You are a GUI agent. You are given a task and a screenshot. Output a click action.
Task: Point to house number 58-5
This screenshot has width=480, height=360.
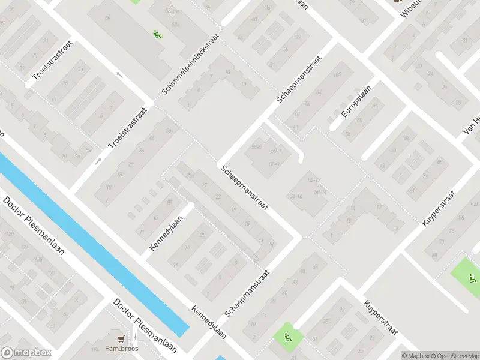257,146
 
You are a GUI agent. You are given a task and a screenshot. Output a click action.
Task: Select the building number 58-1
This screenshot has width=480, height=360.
276,151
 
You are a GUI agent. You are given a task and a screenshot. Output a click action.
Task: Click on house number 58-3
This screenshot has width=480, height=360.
275,164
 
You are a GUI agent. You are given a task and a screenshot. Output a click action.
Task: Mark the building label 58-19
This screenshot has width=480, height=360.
314,179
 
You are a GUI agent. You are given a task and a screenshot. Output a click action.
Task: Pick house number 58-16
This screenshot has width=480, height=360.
296,196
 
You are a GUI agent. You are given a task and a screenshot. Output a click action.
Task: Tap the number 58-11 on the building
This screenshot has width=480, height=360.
319,192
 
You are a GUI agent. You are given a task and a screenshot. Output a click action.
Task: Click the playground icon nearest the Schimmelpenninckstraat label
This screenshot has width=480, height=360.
157,34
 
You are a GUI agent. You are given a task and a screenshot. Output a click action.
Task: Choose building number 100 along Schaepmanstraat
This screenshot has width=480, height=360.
337,74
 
